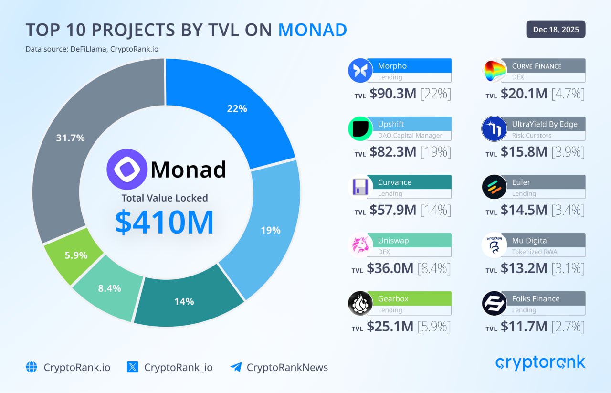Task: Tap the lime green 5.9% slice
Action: (75, 255)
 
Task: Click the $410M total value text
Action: (164, 222)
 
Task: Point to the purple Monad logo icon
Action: (126, 170)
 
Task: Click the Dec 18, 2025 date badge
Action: (556, 30)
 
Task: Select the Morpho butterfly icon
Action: (360, 71)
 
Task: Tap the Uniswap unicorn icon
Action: (360, 245)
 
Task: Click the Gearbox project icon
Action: (360, 304)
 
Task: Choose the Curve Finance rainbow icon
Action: (494, 71)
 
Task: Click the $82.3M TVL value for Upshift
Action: (392, 152)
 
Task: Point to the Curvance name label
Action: (394, 182)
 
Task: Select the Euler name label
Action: (521, 182)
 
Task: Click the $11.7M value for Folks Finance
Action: (524, 327)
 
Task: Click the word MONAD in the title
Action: (313, 30)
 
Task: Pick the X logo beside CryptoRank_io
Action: (133, 367)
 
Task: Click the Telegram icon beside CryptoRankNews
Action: (236, 367)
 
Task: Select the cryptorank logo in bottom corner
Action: (540, 363)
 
